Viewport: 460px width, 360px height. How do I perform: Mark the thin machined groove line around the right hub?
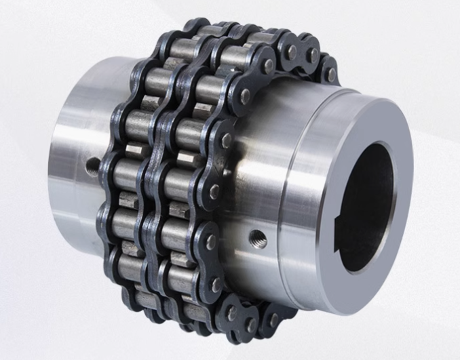(x=288, y=203)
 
